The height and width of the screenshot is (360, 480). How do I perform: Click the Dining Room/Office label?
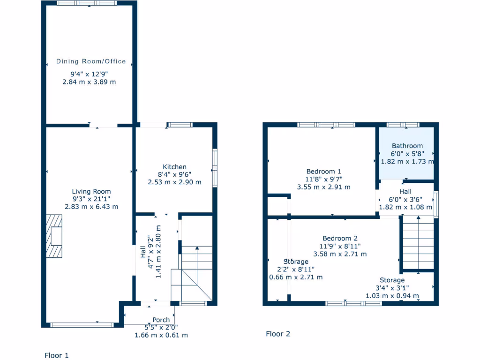[91, 61]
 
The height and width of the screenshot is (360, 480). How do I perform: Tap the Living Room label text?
[91, 191]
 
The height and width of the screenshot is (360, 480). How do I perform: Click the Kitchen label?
[174, 167]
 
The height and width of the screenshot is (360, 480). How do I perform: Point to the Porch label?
[161, 320]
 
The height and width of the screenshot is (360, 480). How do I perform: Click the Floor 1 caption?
[56, 355]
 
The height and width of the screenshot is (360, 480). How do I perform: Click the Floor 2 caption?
[278, 334]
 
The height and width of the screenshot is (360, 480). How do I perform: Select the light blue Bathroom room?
[406, 154]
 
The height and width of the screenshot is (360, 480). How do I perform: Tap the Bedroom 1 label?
[323, 172]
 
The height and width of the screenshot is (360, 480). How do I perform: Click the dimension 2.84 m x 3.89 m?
[89, 82]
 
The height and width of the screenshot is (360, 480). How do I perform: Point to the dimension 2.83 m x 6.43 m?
[91, 206]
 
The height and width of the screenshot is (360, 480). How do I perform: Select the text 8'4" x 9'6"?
[174, 174]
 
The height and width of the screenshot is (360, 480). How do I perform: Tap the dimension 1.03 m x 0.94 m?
[392, 295]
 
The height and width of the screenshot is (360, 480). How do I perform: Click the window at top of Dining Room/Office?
[87, 3]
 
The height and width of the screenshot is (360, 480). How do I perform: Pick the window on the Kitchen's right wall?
[215, 168]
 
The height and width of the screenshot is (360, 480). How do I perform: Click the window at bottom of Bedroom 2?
[353, 303]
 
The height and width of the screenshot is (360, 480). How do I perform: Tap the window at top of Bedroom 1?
[326, 125]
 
